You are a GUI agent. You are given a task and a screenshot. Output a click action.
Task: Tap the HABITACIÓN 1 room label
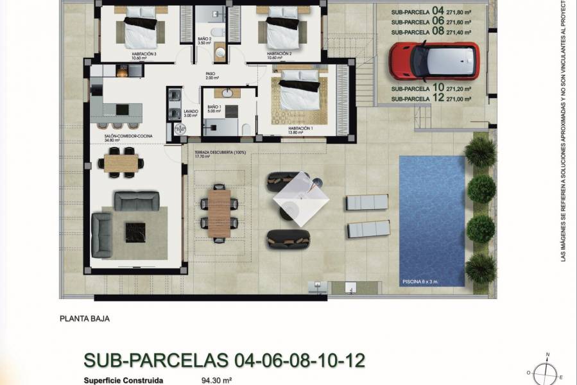click(282, 129)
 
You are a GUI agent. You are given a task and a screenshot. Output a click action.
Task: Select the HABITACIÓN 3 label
click(144, 54)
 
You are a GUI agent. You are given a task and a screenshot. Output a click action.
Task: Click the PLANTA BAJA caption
click(85, 318)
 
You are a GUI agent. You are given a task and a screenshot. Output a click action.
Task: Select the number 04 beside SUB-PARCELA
click(438, 11)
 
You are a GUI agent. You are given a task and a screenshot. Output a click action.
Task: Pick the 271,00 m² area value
click(459, 99)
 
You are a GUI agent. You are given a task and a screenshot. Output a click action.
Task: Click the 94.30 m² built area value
click(216, 380)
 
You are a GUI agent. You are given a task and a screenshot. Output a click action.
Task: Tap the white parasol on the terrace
click(301, 199)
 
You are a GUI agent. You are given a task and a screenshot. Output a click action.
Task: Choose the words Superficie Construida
click(123, 380)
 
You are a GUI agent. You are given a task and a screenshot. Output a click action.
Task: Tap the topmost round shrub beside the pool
click(481, 152)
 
